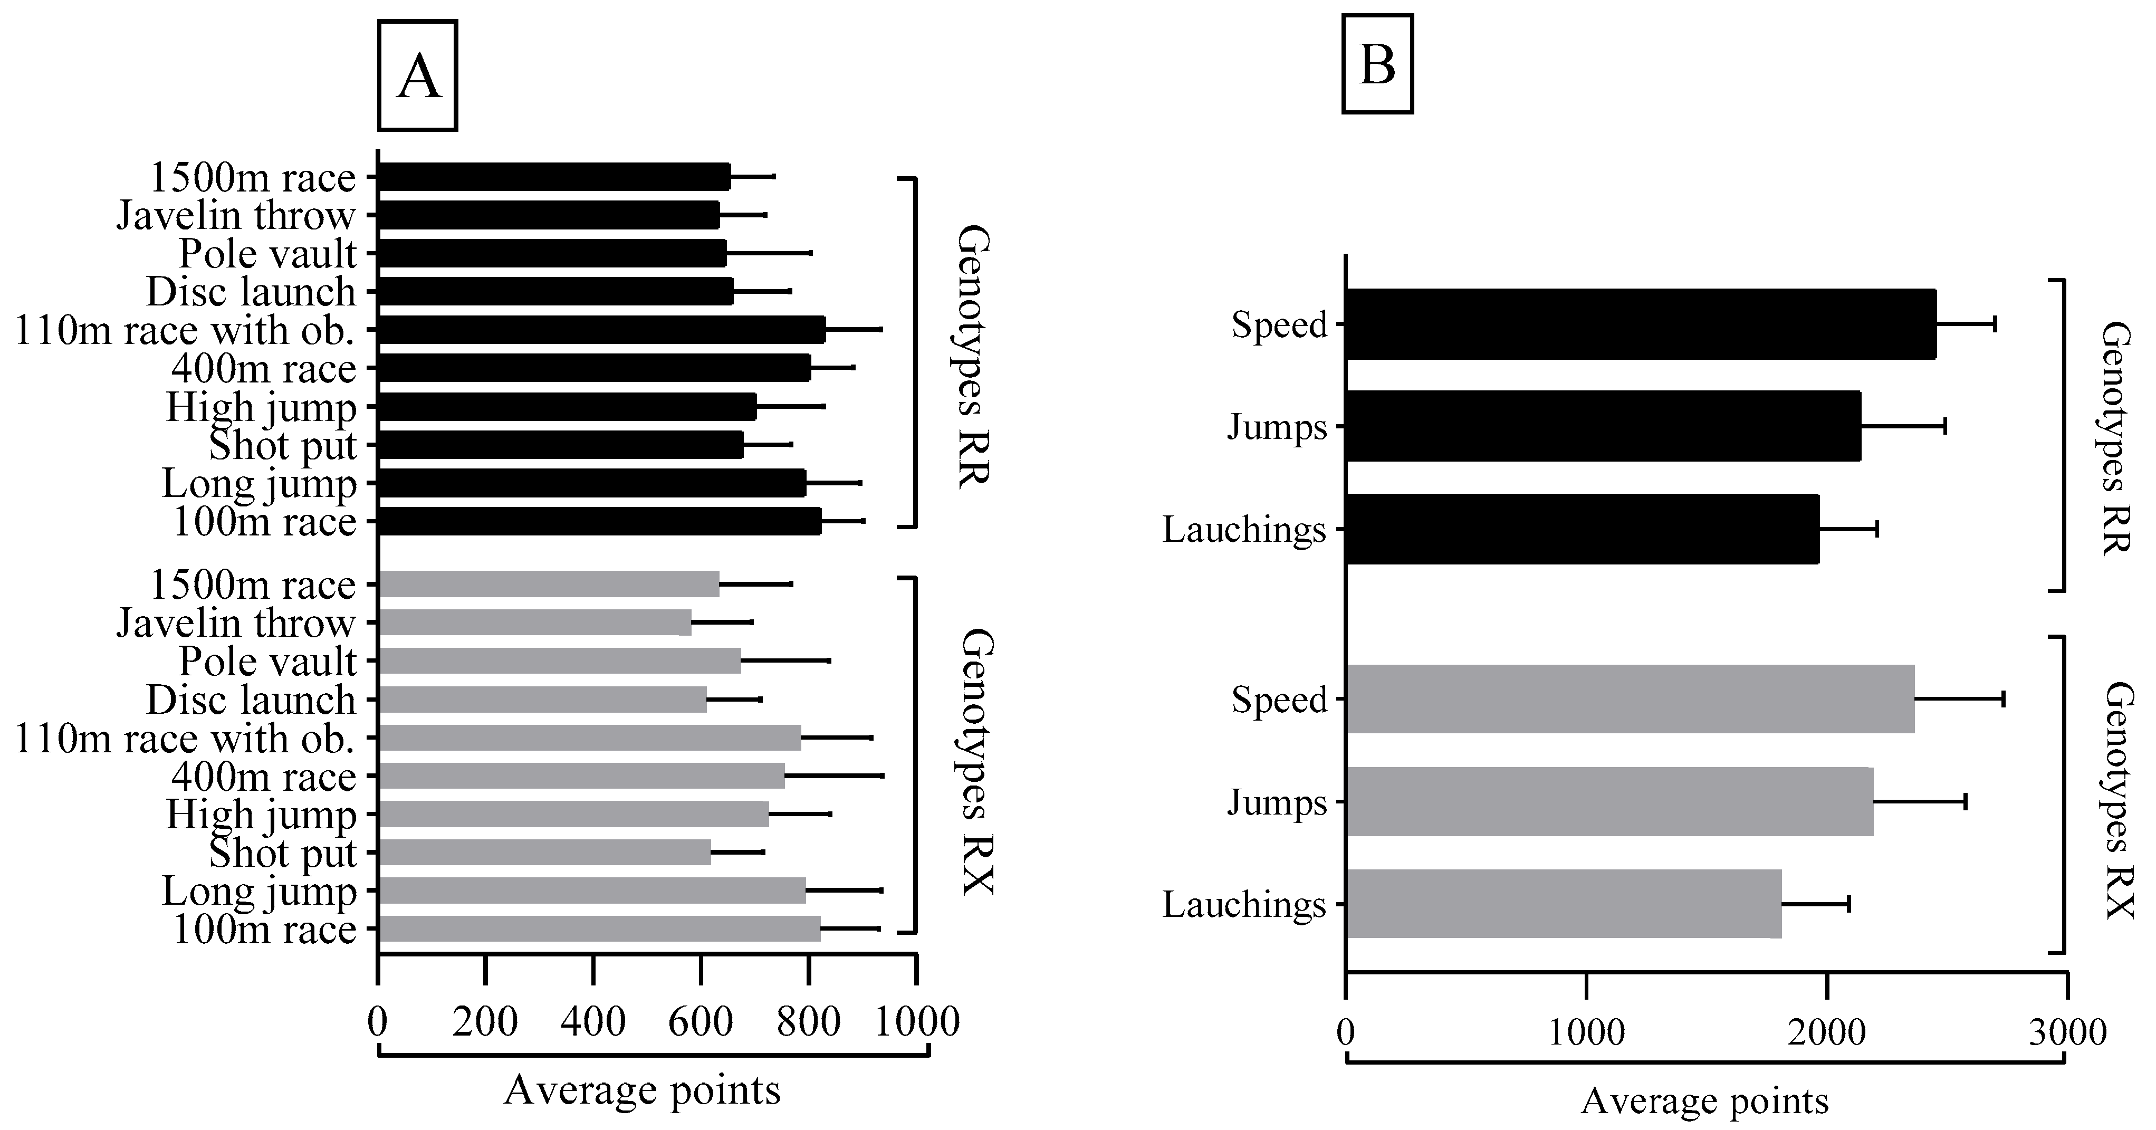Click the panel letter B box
pyautogui.click(x=1377, y=64)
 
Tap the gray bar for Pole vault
pyautogui.click(x=559, y=660)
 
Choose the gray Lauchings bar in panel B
pyautogui.click(x=1564, y=904)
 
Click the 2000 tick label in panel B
pyautogui.click(x=1826, y=1032)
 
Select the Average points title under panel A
pyautogui.click(x=642, y=1090)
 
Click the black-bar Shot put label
pyautogui.click(x=282, y=445)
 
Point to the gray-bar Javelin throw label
pyautogui.click(x=236, y=624)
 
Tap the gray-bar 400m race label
pyautogui.click(x=264, y=777)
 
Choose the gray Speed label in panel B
pyautogui.click(x=1279, y=700)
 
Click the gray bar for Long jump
pyautogui.click(x=592, y=890)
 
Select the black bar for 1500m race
pyautogui.click(x=554, y=177)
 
